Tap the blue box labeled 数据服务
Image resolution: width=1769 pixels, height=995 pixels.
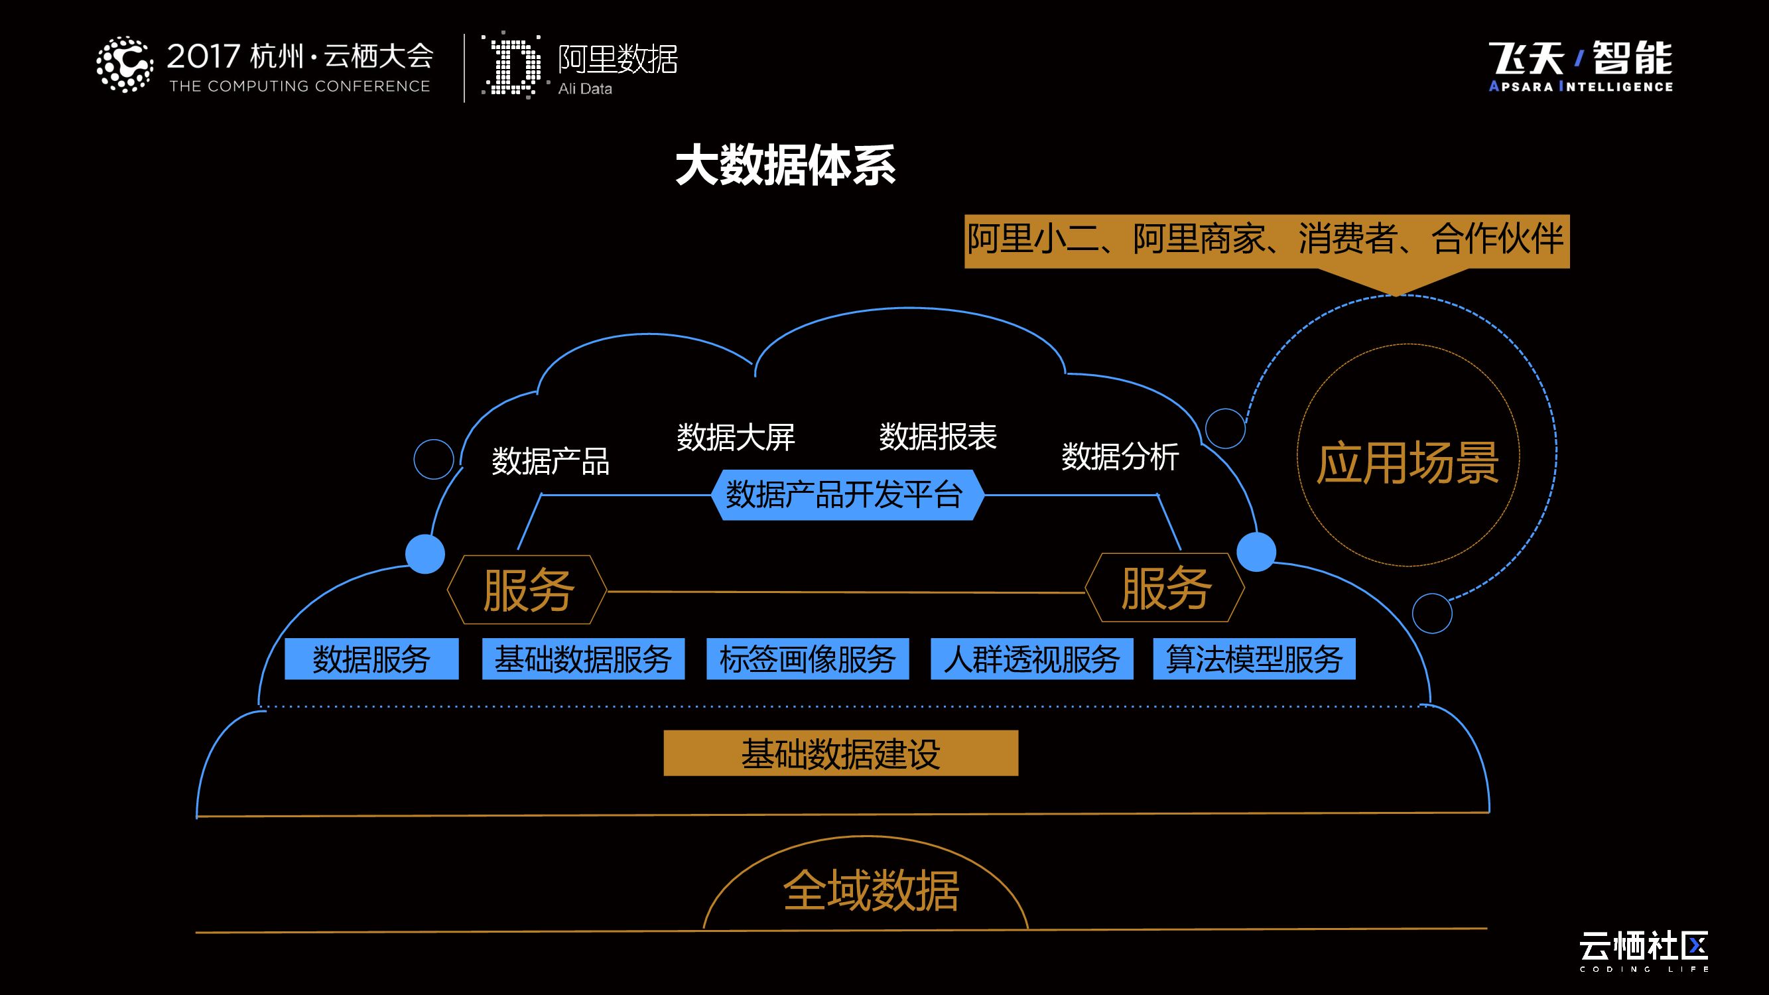click(371, 659)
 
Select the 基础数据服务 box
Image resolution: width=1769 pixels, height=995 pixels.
click(583, 659)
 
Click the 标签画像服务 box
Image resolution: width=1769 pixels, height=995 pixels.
click(808, 659)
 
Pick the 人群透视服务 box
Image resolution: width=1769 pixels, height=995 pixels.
click(1031, 659)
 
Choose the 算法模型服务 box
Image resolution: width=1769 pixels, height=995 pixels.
click(1254, 659)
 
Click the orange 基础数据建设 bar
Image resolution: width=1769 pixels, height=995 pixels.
click(840, 754)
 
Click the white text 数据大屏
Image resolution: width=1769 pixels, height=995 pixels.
click(736, 437)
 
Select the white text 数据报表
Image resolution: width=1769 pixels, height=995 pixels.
click(937, 436)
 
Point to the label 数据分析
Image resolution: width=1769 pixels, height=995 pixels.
click(1120, 456)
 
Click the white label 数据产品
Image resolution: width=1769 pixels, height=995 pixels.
click(550, 461)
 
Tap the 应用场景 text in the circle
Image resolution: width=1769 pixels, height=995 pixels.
click(1407, 463)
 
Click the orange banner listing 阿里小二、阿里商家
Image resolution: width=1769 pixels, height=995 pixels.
click(1266, 240)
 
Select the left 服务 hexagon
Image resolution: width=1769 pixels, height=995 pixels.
click(527, 590)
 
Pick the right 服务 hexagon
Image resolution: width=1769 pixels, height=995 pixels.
click(1165, 588)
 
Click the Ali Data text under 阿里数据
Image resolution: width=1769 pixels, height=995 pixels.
click(585, 89)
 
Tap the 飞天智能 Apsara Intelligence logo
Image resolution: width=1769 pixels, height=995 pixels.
click(1581, 66)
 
